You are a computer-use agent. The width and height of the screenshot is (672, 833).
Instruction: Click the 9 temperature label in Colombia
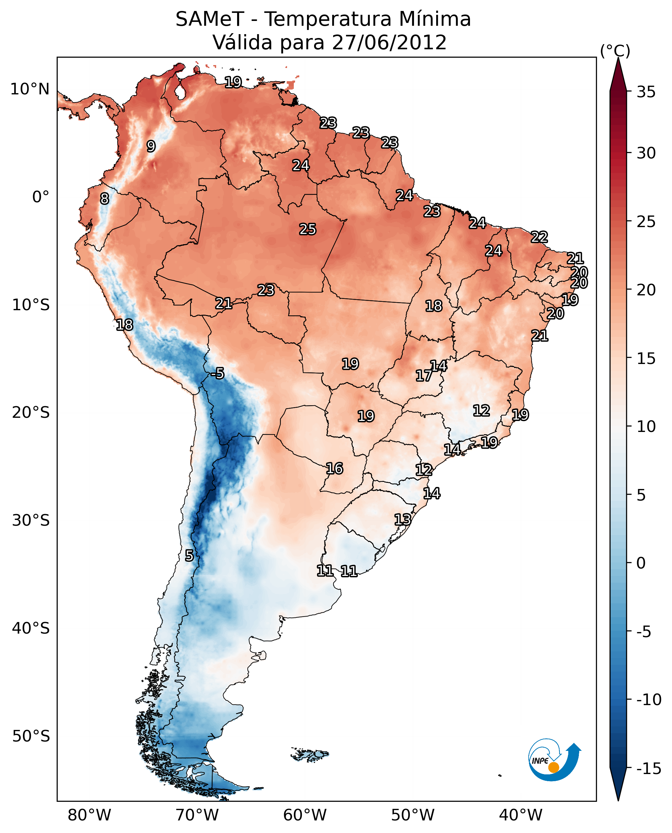pos(151,146)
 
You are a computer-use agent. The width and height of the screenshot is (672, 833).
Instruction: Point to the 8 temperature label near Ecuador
pos(104,198)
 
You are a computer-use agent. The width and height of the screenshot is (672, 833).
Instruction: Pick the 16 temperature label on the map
pos(334,468)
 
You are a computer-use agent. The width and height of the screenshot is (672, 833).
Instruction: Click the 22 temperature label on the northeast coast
pos(539,237)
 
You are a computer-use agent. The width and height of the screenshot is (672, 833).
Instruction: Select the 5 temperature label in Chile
pos(189,555)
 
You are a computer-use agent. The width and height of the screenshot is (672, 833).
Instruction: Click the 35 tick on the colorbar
pos(646,92)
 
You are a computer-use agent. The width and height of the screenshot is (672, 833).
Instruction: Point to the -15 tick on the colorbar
pos(648,768)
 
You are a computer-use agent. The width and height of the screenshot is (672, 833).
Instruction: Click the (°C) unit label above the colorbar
pos(615,51)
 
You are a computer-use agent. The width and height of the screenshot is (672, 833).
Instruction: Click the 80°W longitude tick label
pos(90,815)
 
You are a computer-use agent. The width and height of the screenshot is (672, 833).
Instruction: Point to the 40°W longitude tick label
pos(521,815)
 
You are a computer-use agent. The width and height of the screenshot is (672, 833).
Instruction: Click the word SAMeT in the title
pos(209,19)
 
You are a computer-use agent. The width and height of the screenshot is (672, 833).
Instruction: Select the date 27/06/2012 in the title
pos(389,42)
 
